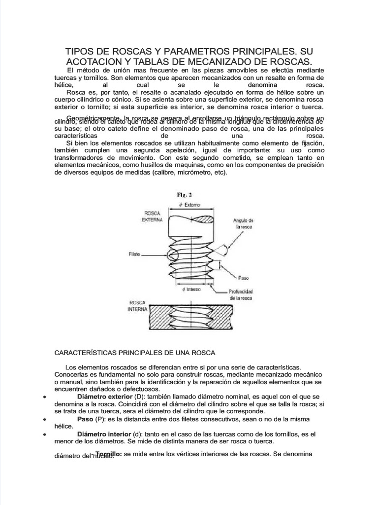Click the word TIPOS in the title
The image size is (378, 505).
(x=82, y=52)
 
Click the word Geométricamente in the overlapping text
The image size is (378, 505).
(x=94, y=118)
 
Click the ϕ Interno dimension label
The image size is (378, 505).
(x=192, y=289)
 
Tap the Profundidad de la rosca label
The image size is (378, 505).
(x=240, y=294)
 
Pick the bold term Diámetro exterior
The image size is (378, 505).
(x=105, y=397)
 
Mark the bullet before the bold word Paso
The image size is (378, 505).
(x=45, y=419)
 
